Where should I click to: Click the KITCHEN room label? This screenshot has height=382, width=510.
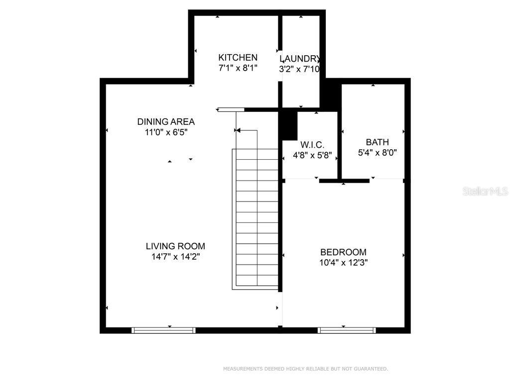238,58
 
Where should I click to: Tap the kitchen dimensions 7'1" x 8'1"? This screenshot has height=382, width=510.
238,69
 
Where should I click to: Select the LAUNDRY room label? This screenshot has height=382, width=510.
300,58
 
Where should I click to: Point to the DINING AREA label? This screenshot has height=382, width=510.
166,122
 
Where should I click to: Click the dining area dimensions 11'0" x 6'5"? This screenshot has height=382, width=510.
166,133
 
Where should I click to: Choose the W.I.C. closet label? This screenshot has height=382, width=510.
312,145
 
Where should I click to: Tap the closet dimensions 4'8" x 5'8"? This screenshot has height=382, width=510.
312,155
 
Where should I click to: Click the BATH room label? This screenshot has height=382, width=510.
377,142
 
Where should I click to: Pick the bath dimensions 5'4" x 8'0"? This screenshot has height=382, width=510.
377,153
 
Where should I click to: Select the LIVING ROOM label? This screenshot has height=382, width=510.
175,246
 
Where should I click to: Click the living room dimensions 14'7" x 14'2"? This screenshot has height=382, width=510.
175,257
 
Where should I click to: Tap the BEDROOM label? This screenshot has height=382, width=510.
343,252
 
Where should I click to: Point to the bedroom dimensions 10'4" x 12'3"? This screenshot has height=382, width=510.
343,263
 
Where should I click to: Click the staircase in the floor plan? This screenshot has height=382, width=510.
255,219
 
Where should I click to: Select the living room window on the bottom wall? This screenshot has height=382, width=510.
163,330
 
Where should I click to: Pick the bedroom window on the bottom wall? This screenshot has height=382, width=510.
347,330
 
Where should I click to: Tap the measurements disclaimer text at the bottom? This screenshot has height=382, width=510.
305,369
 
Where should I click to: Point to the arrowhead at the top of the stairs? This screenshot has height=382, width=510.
238,130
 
